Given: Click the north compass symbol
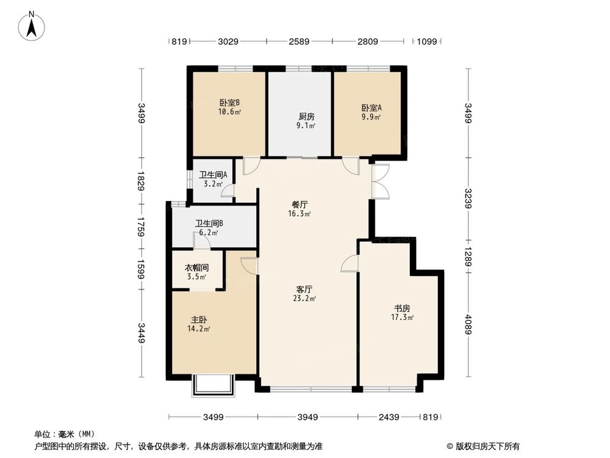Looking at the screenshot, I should [x=33, y=25].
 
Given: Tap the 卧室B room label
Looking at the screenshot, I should [x=229, y=103].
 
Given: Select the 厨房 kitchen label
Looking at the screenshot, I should [x=307, y=116].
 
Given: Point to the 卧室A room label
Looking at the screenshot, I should [x=371, y=107].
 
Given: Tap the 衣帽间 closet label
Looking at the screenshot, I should [x=197, y=267].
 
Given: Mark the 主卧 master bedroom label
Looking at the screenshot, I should [x=198, y=319].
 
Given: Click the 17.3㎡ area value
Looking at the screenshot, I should [x=403, y=318].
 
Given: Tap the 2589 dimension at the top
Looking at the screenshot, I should [x=299, y=42].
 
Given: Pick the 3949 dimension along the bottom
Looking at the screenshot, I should [x=308, y=417].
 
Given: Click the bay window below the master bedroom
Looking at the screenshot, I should [x=213, y=387].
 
